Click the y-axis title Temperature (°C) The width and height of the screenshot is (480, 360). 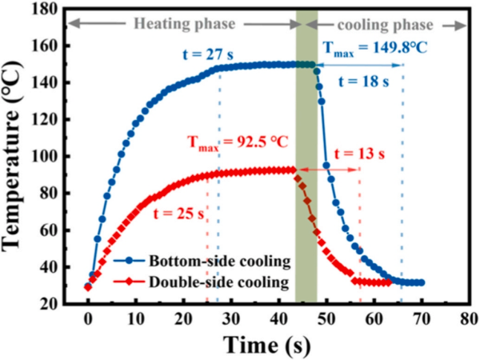[x=18, y=159]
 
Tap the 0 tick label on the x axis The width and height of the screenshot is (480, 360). [x=88, y=318]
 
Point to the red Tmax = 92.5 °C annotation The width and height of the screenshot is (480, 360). [x=238, y=142]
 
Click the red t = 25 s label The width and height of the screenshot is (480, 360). [x=170, y=212]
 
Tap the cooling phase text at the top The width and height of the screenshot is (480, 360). [x=386, y=24]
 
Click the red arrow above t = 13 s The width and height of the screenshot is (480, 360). [x=328, y=169]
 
